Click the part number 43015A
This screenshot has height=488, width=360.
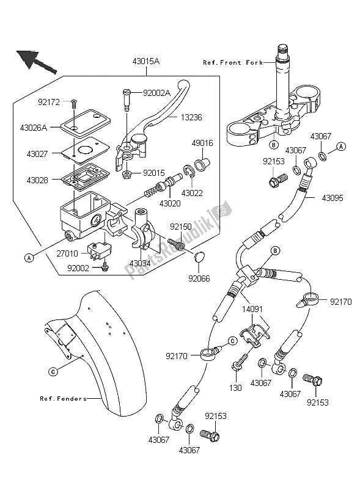click(146, 61)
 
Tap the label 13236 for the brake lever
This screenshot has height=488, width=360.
click(191, 118)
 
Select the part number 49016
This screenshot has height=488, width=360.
click(202, 143)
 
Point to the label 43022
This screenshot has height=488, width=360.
click(192, 193)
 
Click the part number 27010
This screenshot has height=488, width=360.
click(68, 254)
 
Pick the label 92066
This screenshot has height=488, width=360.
click(199, 279)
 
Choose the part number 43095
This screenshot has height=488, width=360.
click(332, 198)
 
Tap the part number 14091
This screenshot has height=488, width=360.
click(253, 310)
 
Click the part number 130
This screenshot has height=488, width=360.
click(235, 388)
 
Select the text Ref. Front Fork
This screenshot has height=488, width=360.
click(233, 62)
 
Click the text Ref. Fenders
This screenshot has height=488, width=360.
click(63, 398)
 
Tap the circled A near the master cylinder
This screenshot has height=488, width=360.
click(29, 258)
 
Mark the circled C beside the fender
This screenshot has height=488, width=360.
click(53, 371)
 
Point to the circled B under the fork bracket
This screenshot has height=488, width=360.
click(274, 144)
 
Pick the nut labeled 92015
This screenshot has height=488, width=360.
click(127, 174)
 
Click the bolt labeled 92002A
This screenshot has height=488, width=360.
click(126, 100)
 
